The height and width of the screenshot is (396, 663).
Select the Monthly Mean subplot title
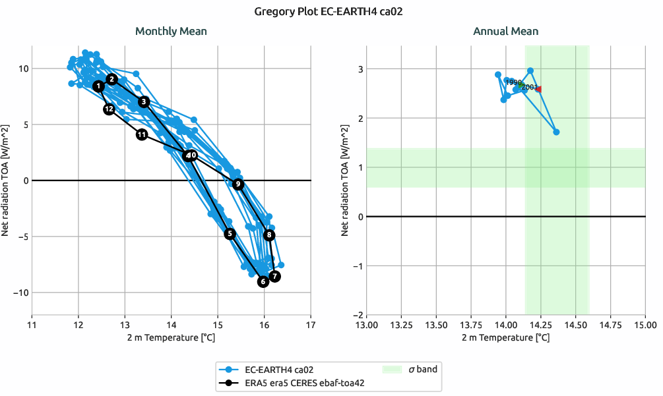click(x=171, y=31)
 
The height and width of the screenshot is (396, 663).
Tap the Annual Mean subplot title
click(x=505, y=31)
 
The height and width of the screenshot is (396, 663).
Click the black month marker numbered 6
click(x=263, y=281)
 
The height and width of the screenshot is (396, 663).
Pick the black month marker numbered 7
click(x=274, y=276)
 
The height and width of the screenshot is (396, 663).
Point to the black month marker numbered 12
click(x=110, y=109)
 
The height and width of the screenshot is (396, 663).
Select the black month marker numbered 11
click(x=142, y=134)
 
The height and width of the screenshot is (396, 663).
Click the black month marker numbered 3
click(x=144, y=101)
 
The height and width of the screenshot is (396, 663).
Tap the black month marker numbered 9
click(x=238, y=184)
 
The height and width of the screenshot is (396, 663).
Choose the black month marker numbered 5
click(x=230, y=233)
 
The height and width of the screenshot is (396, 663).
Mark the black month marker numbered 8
click(x=269, y=235)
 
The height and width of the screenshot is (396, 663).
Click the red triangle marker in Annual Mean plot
click(x=538, y=89)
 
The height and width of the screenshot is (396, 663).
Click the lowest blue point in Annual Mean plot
click(x=556, y=132)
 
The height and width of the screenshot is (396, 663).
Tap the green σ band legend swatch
click(x=393, y=369)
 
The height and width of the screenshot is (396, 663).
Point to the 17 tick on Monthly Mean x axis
click(x=311, y=325)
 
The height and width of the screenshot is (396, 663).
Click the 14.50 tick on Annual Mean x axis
click(x=575, y=325)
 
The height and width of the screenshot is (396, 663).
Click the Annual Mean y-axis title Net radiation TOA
click(x=344, y=180)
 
